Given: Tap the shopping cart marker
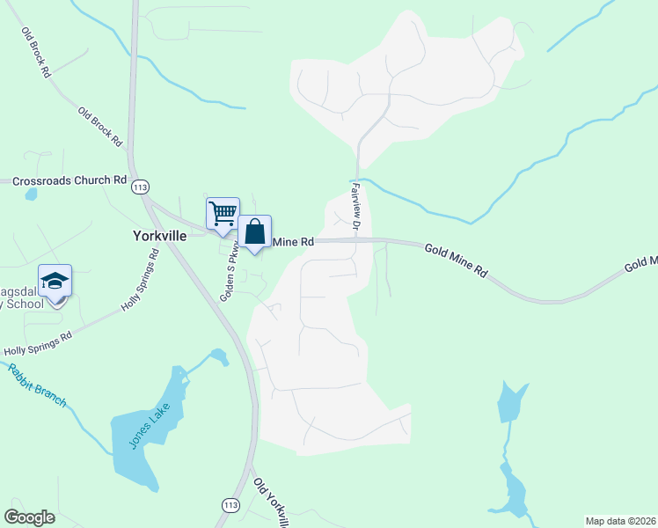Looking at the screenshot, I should [x=223, y=212].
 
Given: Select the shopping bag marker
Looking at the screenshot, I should [x=254, y=232].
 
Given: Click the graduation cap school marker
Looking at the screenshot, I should [x=55, y=282].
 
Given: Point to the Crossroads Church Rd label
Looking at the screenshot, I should [x=69, y=180].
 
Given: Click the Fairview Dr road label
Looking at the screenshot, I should [x=355, y=207].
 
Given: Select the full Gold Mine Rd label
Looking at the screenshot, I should [x=456, y=261].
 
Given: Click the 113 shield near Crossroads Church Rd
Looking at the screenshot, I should [x=140, y=187].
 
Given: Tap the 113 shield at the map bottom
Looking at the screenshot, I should [x=230, y=505].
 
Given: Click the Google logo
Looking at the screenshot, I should [x=30, y=517].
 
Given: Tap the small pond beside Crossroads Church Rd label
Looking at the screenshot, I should [x=32, y=194].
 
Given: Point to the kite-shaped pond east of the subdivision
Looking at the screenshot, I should [x=510, y=402].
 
